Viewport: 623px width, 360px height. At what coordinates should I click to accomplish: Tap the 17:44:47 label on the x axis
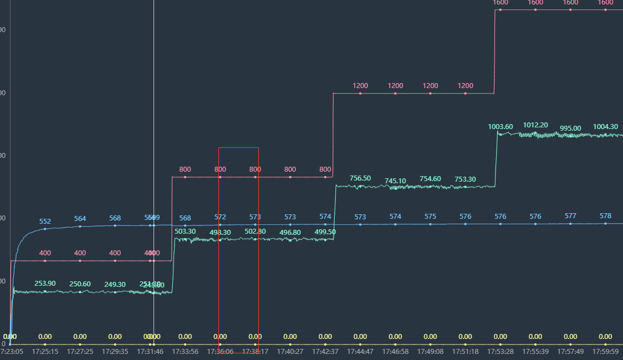point(360,351)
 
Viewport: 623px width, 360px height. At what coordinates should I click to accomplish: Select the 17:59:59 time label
point(605,351)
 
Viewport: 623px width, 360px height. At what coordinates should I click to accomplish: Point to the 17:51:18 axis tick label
point(465,351)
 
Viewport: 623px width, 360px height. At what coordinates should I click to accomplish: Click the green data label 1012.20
point(535,125)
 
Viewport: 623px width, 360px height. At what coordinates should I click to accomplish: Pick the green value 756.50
point(360,178)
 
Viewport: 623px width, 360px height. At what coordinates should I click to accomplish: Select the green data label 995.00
point(570,128)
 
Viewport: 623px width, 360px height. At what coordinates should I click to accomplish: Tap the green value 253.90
point(45,284)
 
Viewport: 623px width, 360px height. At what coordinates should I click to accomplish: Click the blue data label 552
point(45,222)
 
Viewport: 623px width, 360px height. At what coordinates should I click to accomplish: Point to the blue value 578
point(605,216)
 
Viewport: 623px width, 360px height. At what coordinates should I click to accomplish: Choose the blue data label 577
point(570,217)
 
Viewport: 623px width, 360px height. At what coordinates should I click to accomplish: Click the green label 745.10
point(395,181)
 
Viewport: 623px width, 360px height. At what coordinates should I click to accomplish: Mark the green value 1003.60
point(501,127)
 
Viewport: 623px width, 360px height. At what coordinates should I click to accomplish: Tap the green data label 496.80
point(290,233)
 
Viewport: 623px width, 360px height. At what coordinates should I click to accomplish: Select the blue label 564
point(80,219)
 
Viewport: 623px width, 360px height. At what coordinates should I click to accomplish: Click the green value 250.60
point(80,284)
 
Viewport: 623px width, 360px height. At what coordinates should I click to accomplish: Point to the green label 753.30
point(465,179)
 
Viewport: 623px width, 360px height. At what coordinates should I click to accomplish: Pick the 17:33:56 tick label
point(185,351)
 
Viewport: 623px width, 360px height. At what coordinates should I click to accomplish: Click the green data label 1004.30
point(605,127)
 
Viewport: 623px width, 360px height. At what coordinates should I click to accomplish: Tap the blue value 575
point(430,217)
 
